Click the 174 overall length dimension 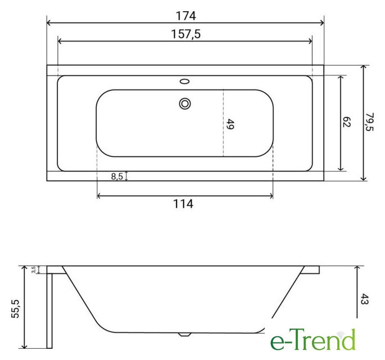point(186,16)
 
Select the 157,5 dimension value point(186,34)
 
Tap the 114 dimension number point(183,204)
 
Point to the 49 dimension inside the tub point(230,124)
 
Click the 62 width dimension point(347,122)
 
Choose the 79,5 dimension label point(369,122)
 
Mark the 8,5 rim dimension point(117,176)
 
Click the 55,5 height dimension point(15,309)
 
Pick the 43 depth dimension point(364,299)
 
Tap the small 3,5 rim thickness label point(33,269)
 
